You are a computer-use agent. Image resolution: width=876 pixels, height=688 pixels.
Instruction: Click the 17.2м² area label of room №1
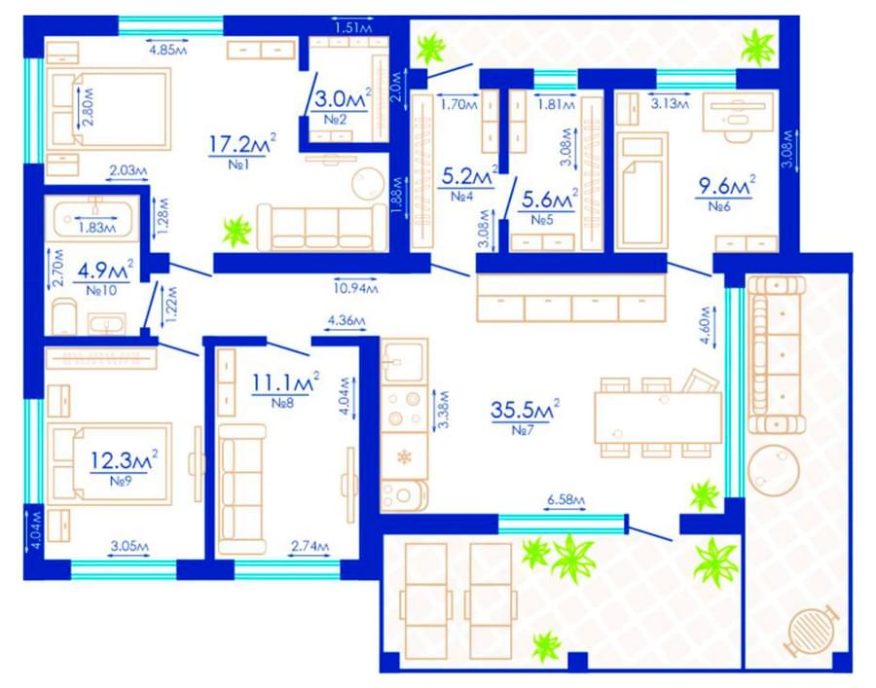tap(242, 143)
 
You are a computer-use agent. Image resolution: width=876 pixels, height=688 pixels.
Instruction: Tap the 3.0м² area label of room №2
tap(343, 99)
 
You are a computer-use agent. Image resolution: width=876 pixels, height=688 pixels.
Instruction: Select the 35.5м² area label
tap(525, 410)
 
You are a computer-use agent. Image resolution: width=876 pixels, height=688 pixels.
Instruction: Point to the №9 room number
tap(121, 480)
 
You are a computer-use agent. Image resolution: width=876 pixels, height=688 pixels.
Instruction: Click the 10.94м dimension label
tap(356, 288)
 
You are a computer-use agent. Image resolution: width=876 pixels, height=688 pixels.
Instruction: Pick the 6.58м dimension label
tap(566, 500)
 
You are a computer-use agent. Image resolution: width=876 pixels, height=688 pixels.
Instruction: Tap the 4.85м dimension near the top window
tap(167, 50)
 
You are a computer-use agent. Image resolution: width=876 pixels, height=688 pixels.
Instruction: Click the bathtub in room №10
tap(92, 219)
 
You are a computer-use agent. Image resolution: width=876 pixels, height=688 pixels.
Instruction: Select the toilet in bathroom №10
tap(63, 317)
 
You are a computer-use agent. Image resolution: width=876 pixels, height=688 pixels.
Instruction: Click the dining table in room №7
tap(658, 417)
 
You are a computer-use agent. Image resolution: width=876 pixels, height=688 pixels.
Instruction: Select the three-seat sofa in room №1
tap(322, 228)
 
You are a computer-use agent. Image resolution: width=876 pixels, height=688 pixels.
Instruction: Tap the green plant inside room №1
tap(237, 231)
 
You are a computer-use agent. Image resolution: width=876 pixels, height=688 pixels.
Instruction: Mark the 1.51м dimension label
tap(352, 26)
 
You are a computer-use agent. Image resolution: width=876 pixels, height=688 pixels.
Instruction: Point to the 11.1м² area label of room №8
tap(285, 382)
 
